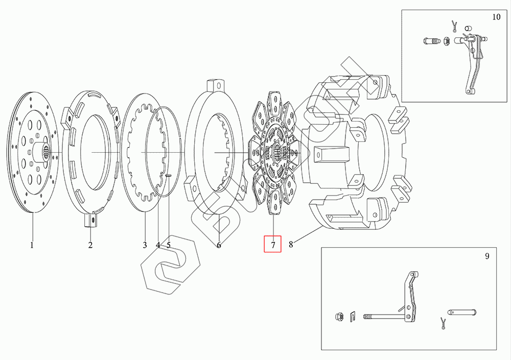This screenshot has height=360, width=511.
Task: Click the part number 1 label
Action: [x=32, y=245]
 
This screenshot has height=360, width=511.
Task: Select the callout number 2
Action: [x=90, y=245]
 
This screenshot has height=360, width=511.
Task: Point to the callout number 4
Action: [x=158, y=245]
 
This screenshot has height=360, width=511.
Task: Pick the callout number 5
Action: [x=168, y=245]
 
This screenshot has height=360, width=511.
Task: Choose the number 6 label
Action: [x=219, y=245]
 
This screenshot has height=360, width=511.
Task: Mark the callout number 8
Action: [x=291, y=244]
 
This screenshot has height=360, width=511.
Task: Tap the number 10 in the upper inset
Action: [x=496, y=17]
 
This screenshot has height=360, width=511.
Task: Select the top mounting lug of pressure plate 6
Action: [x=216, y=85]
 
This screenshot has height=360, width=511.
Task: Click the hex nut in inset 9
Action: [x=340, y=317]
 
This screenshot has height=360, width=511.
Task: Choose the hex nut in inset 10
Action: [x=446, y=41]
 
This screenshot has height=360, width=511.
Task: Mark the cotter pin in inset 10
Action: [x=454, y=24]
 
